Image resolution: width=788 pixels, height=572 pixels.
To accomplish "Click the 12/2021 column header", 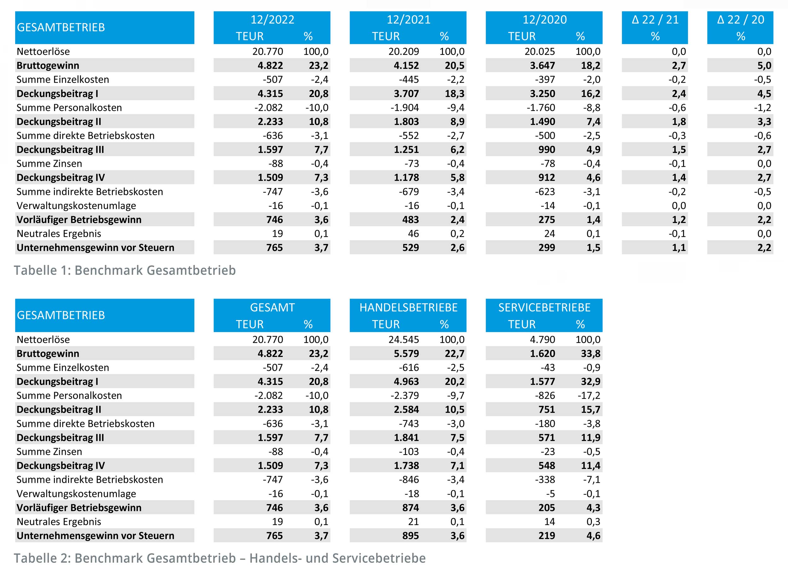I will [408, 20].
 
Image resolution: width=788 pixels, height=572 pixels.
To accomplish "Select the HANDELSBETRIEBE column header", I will [408, 307].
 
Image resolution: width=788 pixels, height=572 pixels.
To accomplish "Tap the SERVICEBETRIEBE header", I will [544, 307].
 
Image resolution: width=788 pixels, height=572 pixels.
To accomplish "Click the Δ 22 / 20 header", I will [740, 20].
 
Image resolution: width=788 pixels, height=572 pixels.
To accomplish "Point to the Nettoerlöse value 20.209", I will [403, 51].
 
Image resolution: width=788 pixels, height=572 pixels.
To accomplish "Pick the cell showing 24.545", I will [403, 340].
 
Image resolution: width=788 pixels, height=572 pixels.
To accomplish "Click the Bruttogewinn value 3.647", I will [542, 65].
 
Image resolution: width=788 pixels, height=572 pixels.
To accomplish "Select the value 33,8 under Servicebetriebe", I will [590, 353].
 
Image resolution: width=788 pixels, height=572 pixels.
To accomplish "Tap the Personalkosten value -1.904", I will [404, 108].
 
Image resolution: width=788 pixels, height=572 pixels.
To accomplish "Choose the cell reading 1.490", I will [542, 122].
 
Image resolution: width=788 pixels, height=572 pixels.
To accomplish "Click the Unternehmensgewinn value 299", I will [547, 248].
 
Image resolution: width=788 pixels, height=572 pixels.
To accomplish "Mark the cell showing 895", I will [410, 535].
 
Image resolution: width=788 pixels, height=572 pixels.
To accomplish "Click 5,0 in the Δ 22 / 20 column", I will [764, 65].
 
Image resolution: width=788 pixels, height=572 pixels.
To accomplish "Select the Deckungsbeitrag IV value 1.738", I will [406, 466].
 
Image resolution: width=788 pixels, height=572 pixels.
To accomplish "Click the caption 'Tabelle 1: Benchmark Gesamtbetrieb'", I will [125, 270].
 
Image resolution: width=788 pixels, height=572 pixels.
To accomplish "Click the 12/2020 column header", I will [544, 20].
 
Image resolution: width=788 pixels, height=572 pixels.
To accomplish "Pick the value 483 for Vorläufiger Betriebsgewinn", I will [410, 220].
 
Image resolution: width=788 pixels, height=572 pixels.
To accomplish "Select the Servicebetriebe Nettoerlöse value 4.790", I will [542, 340].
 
